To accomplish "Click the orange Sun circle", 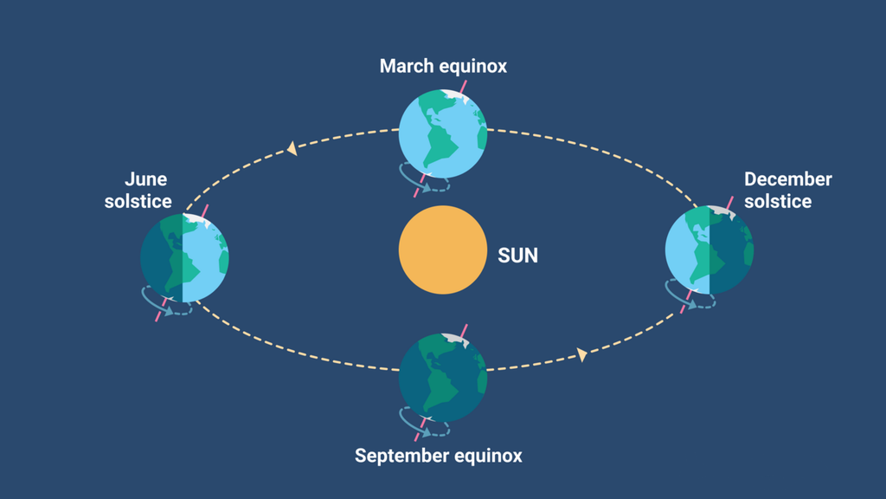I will [x=442, y=250].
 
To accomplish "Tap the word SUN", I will [x=517, y=256].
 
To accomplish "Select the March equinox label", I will [x=443, y=66].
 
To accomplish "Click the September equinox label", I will [x=439, y=455].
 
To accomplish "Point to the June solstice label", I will [x=138, y=191].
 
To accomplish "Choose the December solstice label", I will [x=787, y=191].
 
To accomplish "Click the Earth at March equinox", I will [x=442, y=134].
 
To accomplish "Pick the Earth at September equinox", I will [x=442, y=377].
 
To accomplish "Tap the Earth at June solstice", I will [x=184, y=257].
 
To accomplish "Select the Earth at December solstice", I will [x=709, y=250].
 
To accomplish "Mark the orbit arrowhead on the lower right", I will [x=582, y=354].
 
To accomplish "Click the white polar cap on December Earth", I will [x=721, y=211].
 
